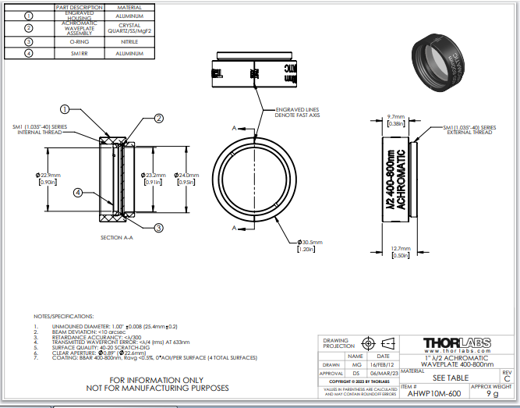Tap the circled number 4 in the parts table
[x=29, y=53]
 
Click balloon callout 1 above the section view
[x=65, y=110]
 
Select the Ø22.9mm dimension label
[x=48, y=179]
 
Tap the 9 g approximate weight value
[x=491, y=394]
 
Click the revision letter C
[x=507, y=378]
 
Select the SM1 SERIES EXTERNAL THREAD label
[x=469, y=130]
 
